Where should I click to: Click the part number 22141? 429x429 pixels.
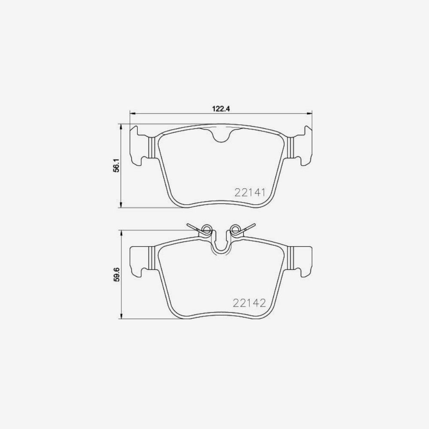tap(248, 193)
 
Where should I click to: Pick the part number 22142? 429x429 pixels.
tap(248, 303)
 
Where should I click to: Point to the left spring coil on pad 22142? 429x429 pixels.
tap(206, 231)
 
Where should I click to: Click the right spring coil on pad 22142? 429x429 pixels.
tap(235, 231)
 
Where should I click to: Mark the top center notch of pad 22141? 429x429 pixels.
tap(221, 136)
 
